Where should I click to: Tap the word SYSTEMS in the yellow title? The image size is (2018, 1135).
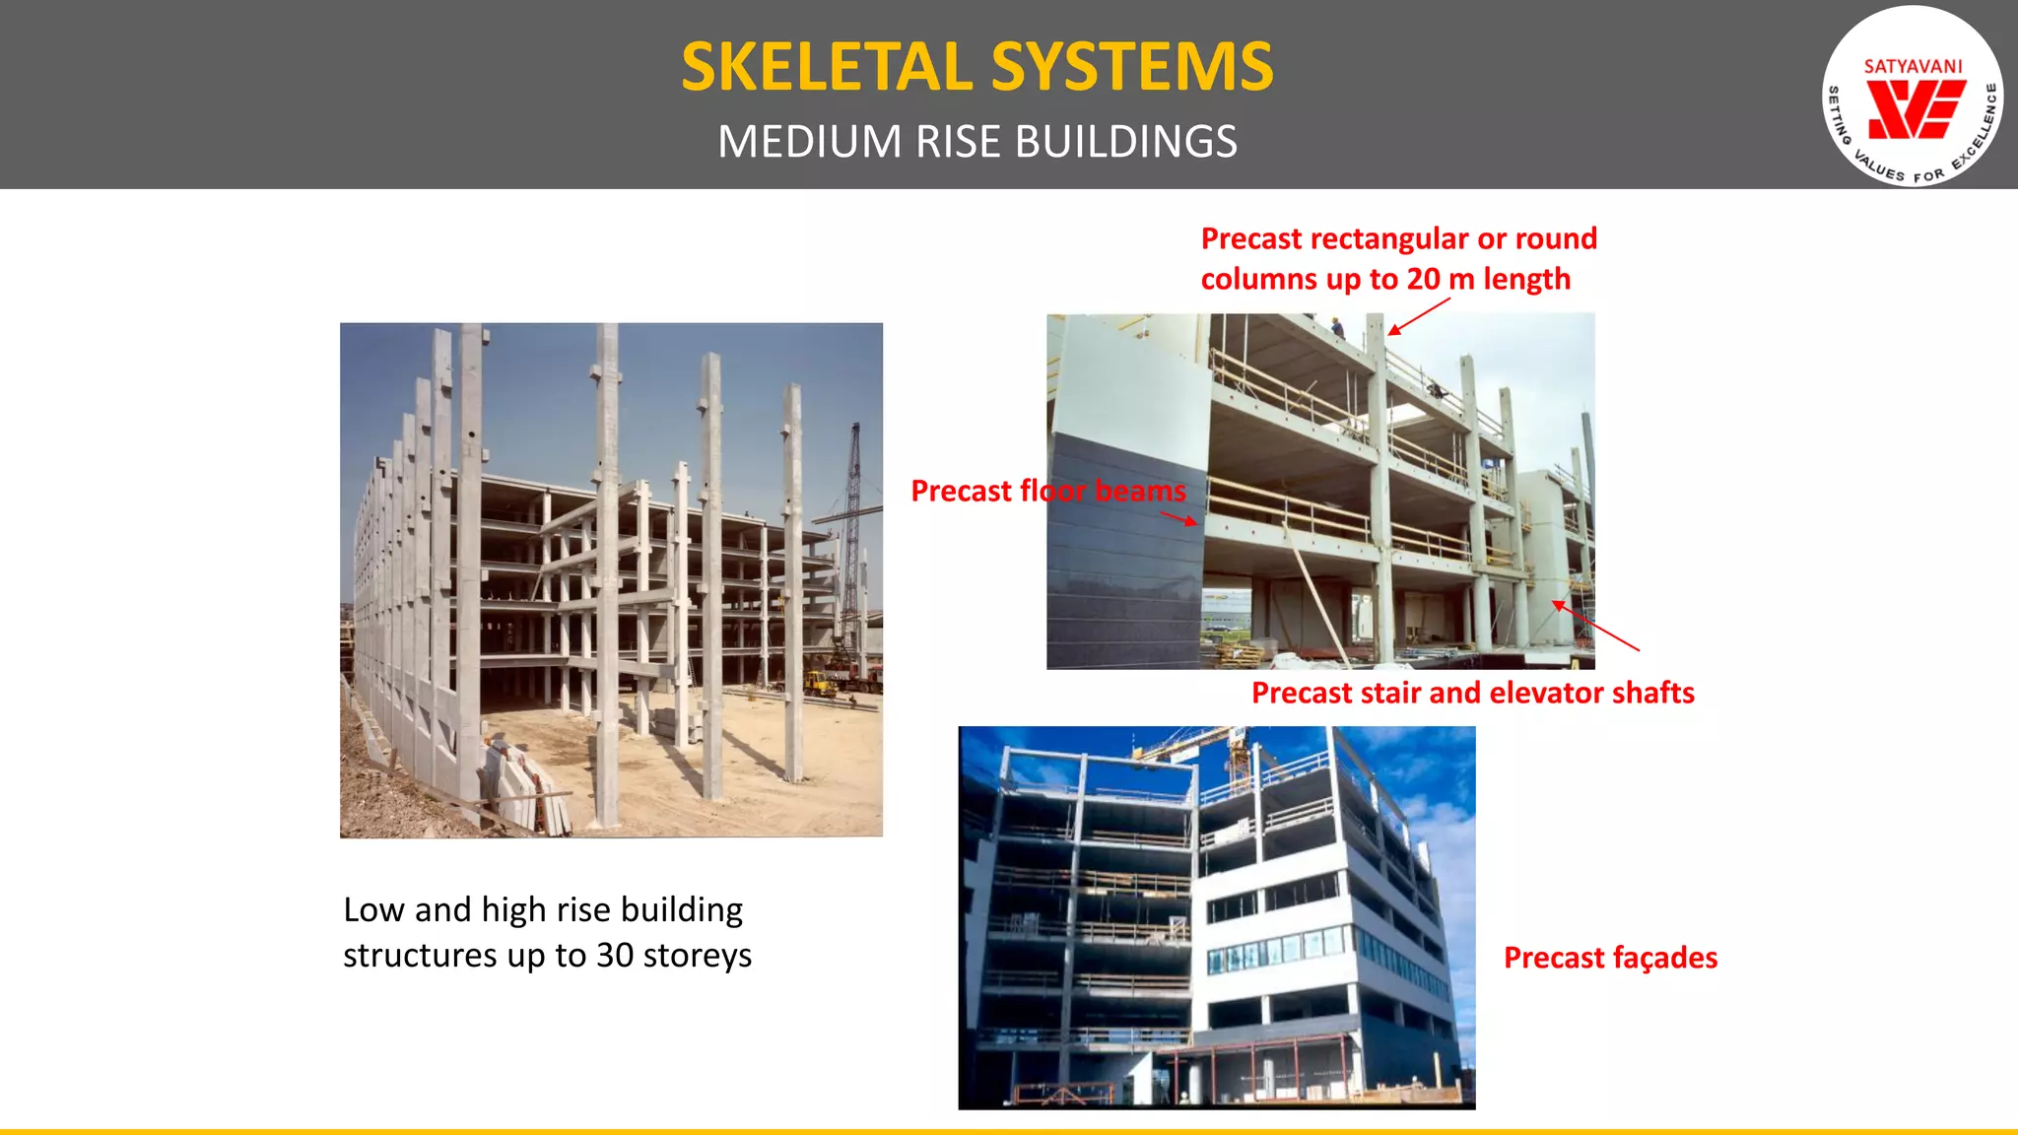(x=1132, y=67)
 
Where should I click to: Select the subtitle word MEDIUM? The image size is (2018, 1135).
(x=809, y=142)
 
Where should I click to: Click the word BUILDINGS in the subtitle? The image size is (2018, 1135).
(x=1126, y=142)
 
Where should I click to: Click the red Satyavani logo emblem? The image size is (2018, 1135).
(x=1916, y=109)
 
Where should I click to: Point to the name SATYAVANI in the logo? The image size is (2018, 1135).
(x=1913, y=66)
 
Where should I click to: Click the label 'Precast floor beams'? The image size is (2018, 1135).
(x=1047, y=491)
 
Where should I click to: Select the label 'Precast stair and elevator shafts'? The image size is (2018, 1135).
(x=1472, y=693)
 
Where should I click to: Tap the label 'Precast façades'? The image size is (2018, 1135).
(x=1610, y=958)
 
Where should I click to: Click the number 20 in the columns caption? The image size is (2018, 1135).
(x=1424, y=279)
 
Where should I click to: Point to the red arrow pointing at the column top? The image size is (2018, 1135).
(x=1419, y=316)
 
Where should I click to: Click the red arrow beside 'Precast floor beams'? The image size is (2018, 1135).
(x=1179, y=518)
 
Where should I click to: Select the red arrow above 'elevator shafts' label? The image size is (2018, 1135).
(x=1595, y=626)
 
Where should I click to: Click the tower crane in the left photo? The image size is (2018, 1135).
(x=852, y=512)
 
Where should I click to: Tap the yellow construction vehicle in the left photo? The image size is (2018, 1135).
(x=820, y=683)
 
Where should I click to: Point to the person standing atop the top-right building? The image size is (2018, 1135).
(x=1336, y=327)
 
